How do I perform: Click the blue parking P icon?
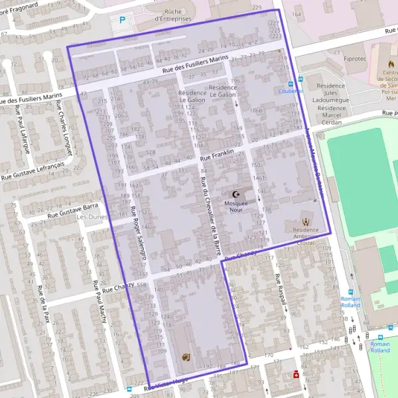click(x=121, y=21)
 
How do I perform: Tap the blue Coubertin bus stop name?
click(x=291, y=91)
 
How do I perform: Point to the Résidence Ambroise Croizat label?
click(x=305, y=237)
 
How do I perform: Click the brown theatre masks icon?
click(x=186, y=357)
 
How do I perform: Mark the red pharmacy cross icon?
click(x=296, y=373)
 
